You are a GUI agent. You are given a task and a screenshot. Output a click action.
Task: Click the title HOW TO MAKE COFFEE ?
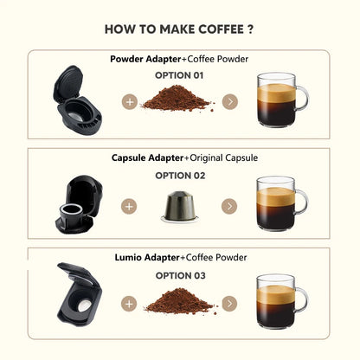pyautogui.click(x=179, y=29)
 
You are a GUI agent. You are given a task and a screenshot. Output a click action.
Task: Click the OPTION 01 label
pyautogui.click(x=179, y=75)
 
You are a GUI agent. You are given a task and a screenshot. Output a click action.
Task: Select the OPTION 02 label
pyautogui.click(x=179, y=175)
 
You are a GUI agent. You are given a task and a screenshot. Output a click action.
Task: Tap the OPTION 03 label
pyautogui.click(x=179, y=274)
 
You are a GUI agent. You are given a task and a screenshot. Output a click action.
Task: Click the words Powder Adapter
pyautogui.click(x=145, y=60)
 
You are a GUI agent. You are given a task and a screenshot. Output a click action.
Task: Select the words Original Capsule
pyautogui.click(x=216, y=158)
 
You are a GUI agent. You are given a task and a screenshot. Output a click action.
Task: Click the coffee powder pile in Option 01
pyautogui.click(x=178, y=100)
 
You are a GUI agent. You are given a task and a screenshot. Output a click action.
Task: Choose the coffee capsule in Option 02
pyautogui.click(x=180, y=206)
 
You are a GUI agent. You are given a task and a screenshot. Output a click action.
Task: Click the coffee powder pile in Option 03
pyautogui.click(x=178, y=303)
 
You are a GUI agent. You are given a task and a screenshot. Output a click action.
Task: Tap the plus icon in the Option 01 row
pyautogui.click(x=129, y=102)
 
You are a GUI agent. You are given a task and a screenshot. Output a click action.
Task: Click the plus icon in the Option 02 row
pyautogui.click(x=129, y=207)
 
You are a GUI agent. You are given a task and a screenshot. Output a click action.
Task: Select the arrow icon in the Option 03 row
pyautogui.click(x=228, y=305)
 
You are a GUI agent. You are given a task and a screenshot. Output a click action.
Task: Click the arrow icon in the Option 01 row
pyautogui.click(x=228, y=102)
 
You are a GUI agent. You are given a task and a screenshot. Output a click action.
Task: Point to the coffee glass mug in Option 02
pyautogui.click(x=280, y=203)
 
